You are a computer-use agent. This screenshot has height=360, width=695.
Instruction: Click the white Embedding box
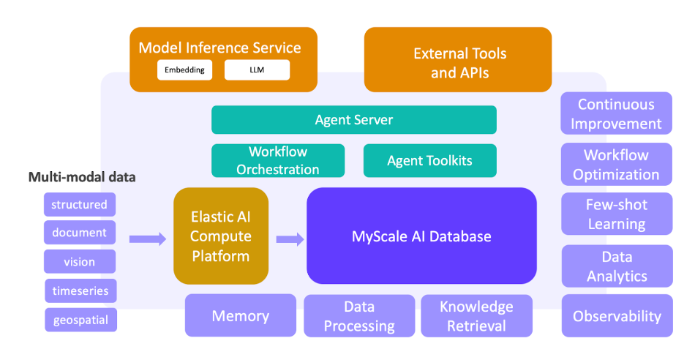(184, 70)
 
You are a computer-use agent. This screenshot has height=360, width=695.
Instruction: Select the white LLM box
(257, 70)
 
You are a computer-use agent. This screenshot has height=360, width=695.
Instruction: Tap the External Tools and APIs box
(458, 60)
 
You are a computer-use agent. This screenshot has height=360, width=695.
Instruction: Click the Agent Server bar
(353, 120)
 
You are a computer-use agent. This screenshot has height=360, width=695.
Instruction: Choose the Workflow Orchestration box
(278, 160)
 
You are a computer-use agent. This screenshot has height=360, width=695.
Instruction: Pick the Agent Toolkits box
(430, 160)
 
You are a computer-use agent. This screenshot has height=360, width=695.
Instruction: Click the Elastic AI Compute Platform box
(221, 236)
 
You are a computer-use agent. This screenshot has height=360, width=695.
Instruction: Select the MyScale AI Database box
(421, 236)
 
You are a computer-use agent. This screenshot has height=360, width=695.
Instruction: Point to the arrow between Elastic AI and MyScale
(290, 239)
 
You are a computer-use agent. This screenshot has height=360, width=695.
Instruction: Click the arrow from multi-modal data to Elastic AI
(148, 239)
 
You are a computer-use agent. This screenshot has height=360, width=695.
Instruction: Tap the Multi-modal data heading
(82, 177)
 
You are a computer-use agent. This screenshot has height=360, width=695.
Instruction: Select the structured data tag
(80, 204)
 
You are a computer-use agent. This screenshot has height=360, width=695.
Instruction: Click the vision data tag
(80, 261)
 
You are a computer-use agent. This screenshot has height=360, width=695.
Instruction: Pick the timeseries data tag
(80, 290)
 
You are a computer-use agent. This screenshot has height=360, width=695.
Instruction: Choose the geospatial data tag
(80, 320)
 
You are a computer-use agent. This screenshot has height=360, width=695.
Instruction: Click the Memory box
(241, 315)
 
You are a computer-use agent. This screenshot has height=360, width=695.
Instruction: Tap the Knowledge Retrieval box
(476, 316)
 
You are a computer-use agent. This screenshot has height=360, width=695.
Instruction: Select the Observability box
(617, 316)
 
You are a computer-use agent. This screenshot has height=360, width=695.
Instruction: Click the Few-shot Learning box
(617, 214)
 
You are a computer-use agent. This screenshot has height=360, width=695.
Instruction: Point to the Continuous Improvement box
(616, 113)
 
